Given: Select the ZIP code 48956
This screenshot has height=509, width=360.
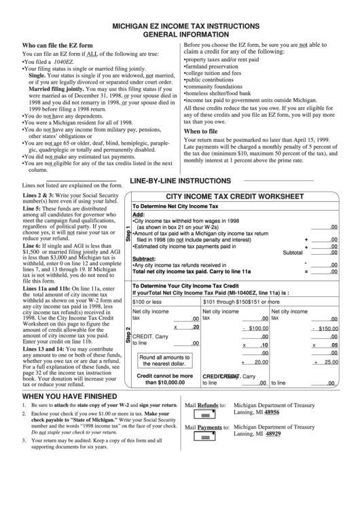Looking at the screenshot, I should (x=272, y=412).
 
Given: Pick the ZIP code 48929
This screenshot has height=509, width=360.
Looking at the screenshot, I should (x=272, y=434).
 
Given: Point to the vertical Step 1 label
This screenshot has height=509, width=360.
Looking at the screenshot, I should (x=127, y=234).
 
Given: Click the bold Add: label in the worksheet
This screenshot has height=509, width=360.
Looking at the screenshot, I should (x=138, y=213).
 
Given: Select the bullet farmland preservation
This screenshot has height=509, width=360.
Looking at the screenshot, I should (x=211, y=67).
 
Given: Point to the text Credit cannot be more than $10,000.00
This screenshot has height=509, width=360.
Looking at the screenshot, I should (x=164, y=379).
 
